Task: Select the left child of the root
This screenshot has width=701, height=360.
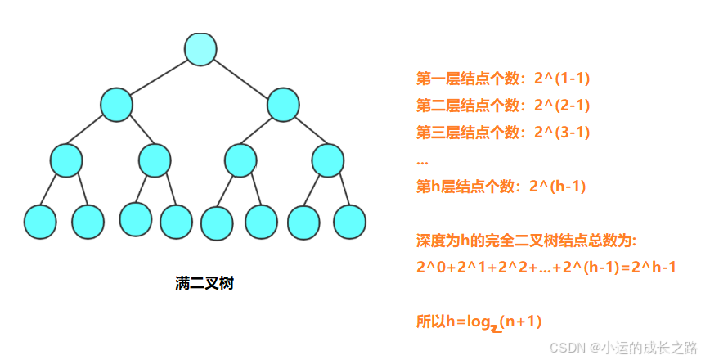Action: pos(116,104)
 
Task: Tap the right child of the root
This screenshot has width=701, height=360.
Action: pos(283,104)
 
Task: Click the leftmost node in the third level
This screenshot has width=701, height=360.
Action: pos(66,160)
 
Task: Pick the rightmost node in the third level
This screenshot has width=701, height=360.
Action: pos(328,160)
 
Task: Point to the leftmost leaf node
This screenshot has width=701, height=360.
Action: pos(40,222)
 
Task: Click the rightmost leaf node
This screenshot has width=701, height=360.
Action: pos(350,222)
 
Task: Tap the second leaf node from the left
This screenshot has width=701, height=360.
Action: pos(88,221)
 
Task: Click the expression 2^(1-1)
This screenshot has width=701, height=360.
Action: pos(561,79)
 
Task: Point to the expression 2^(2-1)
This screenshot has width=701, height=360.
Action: pos(561,105)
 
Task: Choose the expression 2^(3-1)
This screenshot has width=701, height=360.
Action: pos(561,132)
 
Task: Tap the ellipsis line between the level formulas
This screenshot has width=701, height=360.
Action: pos(422,160)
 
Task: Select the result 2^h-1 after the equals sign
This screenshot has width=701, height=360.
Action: pos(654,268)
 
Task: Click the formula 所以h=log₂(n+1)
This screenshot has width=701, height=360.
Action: pos(479,322)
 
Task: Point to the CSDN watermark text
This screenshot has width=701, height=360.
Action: pos(622,347)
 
